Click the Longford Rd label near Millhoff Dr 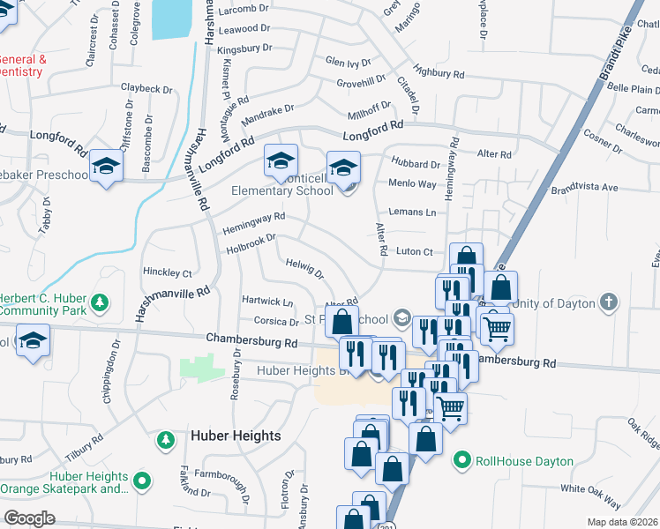pos(372,129)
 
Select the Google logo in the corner pos(28,518)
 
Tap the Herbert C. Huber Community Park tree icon pos(101,303)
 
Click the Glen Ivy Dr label pos(348,63)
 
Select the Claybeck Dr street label pos(146,89)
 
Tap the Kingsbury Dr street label pos(243,50)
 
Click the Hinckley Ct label pos(168,273)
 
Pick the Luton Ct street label pos(415,252)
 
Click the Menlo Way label pos(413,184)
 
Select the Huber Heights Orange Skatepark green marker pos(142,481)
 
